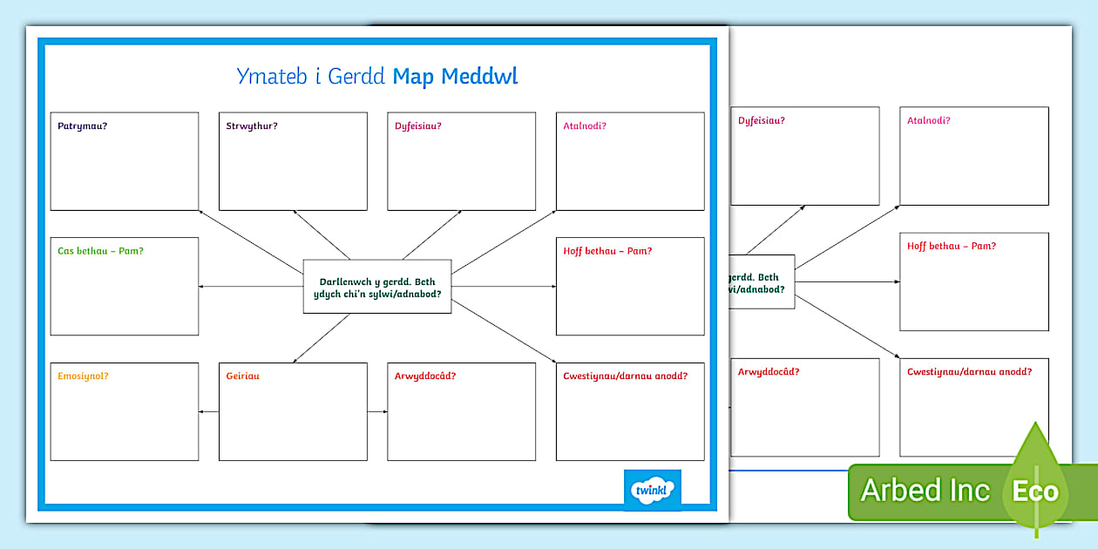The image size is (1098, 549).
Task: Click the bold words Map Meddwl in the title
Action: pos(455,77)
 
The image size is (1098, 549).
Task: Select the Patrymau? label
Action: pos(83,126)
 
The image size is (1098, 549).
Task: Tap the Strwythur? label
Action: pos(252,126)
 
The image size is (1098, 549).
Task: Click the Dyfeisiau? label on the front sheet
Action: pos(418,126)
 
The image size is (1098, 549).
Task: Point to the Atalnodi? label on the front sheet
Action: pos(585,126)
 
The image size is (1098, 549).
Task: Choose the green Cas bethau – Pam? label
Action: pos(100,252)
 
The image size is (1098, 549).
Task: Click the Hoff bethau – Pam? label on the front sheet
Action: pos(607,252)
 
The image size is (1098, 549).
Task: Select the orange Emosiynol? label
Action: pos(83,376)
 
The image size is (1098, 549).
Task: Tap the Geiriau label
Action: pos(243,376)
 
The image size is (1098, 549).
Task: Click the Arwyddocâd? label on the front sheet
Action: pos(425,376)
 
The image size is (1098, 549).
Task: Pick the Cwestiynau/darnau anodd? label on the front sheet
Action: pos(626,376)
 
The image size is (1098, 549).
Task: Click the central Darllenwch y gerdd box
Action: pos(377,287)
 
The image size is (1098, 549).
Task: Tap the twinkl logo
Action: pos(653,490)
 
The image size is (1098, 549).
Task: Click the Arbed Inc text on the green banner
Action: pos(925,491)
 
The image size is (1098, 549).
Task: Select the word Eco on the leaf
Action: pos(1035,491)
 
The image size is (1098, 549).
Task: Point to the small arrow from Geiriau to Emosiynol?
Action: pos(208,412)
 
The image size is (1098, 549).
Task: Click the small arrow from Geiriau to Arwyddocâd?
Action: pos(377,412)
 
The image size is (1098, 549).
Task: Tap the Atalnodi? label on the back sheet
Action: pos(928,121)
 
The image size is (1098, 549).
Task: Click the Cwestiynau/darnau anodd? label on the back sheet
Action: pos(969,372)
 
